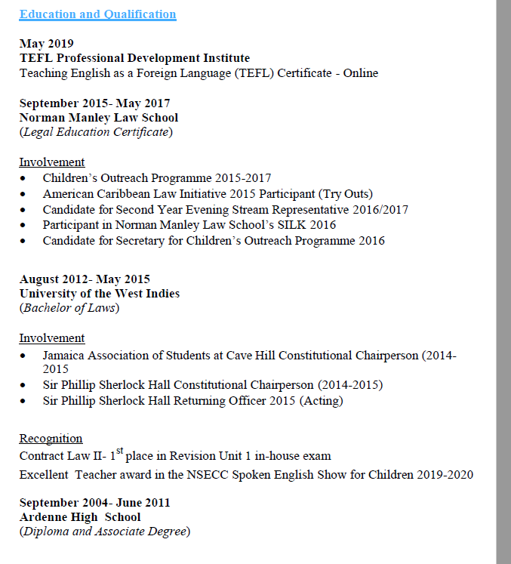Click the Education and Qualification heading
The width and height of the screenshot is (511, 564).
pos(97,14)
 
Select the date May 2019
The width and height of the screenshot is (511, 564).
pos(46,44)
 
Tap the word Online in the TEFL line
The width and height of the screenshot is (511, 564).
pos(359,73)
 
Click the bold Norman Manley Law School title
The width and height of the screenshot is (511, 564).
pos(99,118)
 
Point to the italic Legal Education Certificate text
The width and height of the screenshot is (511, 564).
pos(96,132)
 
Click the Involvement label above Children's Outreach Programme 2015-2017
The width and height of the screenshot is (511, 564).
pos(52,162)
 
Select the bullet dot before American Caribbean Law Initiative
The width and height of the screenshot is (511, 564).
pos(26,194)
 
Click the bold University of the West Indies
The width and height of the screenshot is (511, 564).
pos(100,294)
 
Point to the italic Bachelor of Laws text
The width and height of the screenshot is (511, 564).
pos(69,308)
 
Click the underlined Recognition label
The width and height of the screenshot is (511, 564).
pos(51,439)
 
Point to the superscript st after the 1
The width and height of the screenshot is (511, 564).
pos(119,452)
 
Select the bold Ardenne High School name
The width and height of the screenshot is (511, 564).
pos(80,517)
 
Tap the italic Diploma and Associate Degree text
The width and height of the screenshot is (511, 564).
pos(105,532)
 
